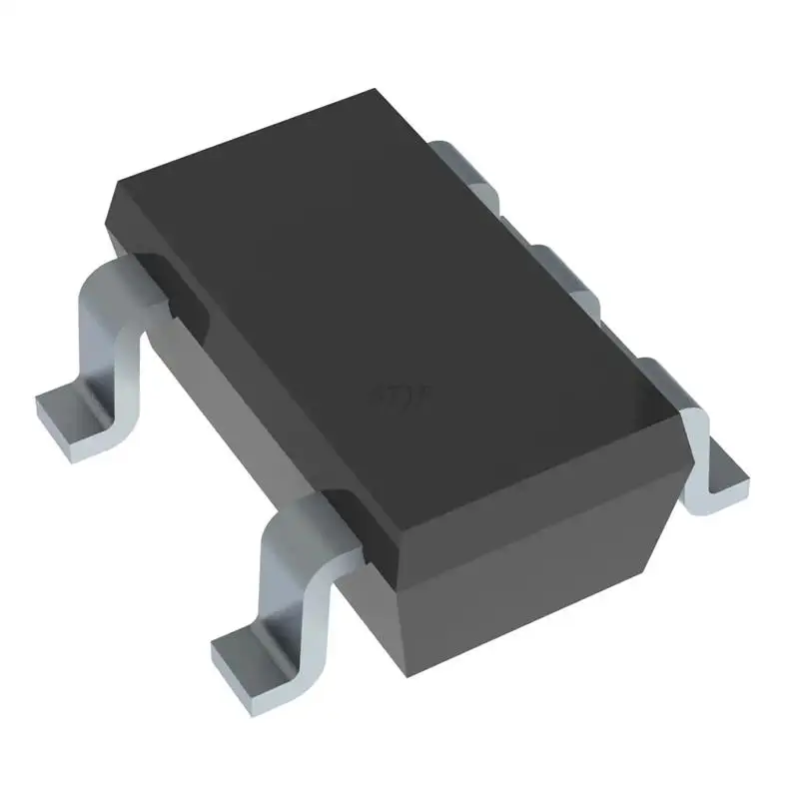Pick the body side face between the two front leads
click(x=250, y=399)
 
